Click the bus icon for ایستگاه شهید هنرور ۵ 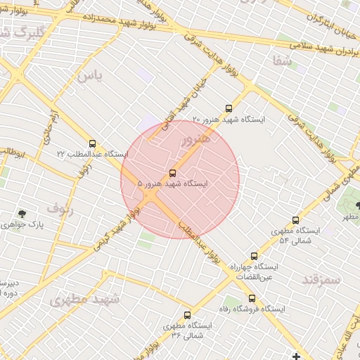click(173, 173)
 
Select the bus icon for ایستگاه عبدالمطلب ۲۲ click(93, 143)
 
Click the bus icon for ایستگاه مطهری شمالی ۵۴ click(295, 220)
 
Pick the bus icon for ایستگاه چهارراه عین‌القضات click(254, 257)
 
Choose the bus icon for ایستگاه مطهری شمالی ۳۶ click(187, 315)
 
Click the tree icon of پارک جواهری click(23, 214)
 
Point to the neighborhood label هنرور click(195, 139)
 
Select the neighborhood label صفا click(282, 61)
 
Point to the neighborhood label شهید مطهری click(84, 300)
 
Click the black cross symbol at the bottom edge click(297, 356)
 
